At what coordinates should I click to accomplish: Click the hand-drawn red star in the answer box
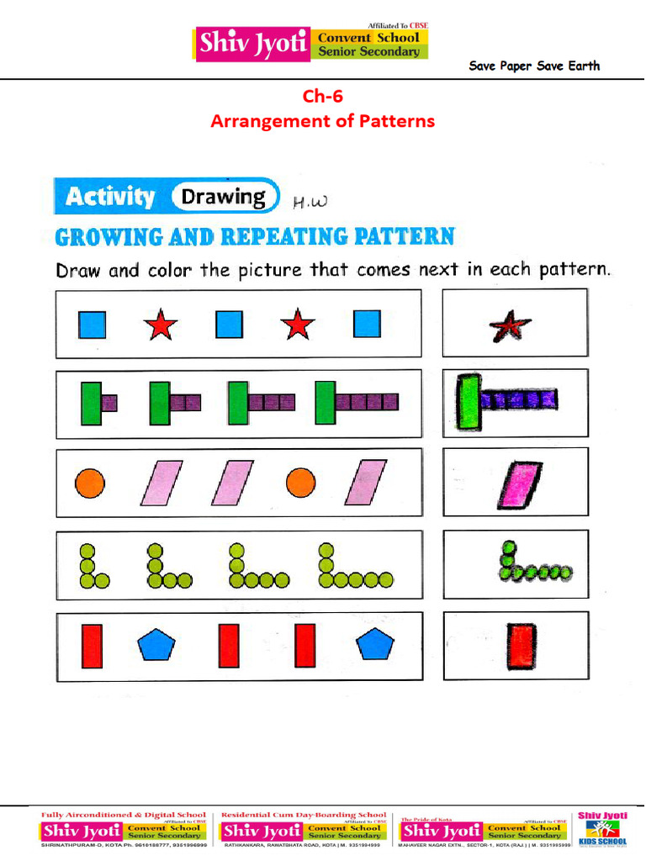(511, 325)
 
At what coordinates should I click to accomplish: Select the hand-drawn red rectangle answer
(522, 646)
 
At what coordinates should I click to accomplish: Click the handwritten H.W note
(308, 202)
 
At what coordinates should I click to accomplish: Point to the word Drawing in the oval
(224, 197)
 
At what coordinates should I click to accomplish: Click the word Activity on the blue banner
(110, 198)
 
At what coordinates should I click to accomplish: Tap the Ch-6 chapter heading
(323, 96)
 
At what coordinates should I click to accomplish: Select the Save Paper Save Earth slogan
(534, 66)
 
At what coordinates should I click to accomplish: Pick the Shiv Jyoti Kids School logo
(602, 828)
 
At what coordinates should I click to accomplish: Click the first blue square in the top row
(92, 325)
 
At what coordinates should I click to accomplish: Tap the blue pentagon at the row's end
(374, 645)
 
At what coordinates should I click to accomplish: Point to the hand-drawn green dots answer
(531, 564)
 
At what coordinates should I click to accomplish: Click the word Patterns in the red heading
(397, 121)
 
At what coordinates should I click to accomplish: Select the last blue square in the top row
(367, 325)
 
